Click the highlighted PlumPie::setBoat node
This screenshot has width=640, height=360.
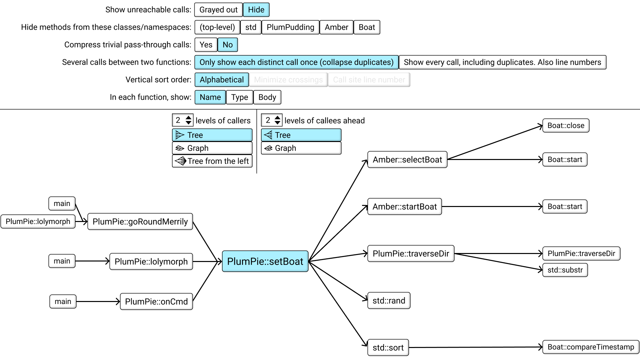point(265,261)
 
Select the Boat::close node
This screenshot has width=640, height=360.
point(566,126)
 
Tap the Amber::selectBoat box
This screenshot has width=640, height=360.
point(407,160)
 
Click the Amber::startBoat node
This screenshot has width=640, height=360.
point(405,207)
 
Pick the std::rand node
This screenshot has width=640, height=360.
point(389,301)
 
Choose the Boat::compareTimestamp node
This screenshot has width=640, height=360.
point(591,347)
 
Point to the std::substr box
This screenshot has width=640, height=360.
point(565,270)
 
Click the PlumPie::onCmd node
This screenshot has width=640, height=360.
point(156,302)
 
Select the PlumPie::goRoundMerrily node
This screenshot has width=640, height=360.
point(140,222)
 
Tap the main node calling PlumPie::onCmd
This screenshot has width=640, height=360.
point(63,302)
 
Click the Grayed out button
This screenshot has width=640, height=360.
point(218,10)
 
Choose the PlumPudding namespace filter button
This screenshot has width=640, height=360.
point(290,27)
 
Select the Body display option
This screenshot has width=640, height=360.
point(267,97)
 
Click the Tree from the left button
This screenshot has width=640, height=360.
point(212,161)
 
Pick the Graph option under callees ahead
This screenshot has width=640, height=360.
point(301,148)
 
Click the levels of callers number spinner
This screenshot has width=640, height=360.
point(182,120)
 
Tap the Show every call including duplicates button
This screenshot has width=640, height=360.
point(502,62)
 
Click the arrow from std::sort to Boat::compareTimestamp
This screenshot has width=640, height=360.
point(476,347)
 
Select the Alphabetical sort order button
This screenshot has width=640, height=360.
point(222,80)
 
